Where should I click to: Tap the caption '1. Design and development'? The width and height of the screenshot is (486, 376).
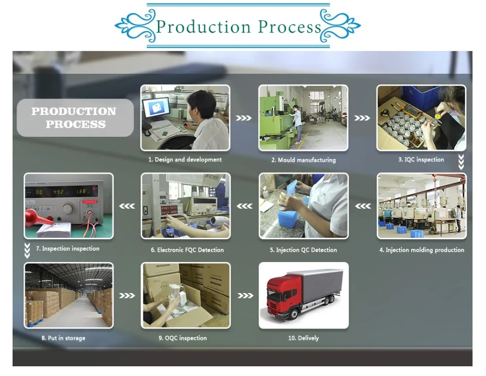pos(185,160)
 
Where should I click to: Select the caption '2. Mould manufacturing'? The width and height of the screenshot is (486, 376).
pos(303,160)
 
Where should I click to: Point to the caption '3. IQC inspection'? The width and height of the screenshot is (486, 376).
pos(421,160)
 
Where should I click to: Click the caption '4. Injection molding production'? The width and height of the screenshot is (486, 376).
pos(421,250)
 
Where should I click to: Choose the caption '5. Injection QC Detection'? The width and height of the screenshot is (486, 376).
pos(303,250)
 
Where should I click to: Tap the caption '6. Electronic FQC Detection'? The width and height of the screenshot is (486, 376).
pos(187,250)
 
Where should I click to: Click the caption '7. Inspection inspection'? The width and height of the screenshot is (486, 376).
pos(68,248)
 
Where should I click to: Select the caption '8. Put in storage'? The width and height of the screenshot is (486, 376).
pos(63,338)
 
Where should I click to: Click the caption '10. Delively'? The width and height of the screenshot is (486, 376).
pos(303,338)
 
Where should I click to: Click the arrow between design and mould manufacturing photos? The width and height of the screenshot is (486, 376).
pos(243,118)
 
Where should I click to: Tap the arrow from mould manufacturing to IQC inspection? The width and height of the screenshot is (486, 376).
pos(362,118)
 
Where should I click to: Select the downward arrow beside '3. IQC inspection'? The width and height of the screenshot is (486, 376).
pos(461,162)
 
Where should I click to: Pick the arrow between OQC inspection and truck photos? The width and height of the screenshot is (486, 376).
pos(245,296)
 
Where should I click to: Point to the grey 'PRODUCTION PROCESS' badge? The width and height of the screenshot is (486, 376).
pos(75,118)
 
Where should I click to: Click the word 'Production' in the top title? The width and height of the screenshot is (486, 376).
pos(203,27)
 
